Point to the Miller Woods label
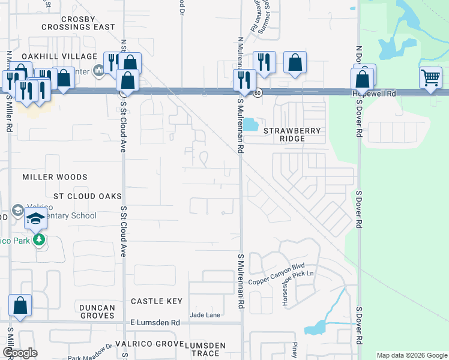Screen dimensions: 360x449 [x=55, y=177]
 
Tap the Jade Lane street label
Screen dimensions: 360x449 [x=205, y=314]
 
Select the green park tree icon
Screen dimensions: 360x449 [x=40, y=241]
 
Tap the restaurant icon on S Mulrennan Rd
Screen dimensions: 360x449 [x=244, y=80]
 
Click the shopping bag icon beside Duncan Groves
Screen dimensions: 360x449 [x=20, y=305]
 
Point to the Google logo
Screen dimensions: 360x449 [x=20, y=353]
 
